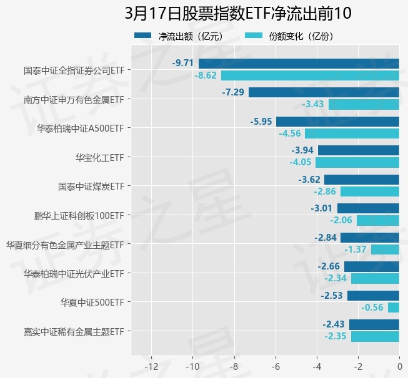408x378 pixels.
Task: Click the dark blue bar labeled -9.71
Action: tap(299, 63)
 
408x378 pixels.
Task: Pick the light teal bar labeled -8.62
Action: tap(310, 75)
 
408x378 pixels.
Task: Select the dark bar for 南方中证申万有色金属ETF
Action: tap(324, 92)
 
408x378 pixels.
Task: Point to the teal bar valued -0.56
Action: tap(394, 308)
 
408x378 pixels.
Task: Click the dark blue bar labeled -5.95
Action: tap(337, 121)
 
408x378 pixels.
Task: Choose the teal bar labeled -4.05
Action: tap(357, 162)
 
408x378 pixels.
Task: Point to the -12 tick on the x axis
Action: tap(151, 367)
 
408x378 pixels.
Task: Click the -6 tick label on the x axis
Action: tap(275, 367)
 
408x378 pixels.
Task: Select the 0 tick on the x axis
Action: tap(399, 367)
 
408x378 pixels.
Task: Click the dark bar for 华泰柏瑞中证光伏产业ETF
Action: tap(372, 266)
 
